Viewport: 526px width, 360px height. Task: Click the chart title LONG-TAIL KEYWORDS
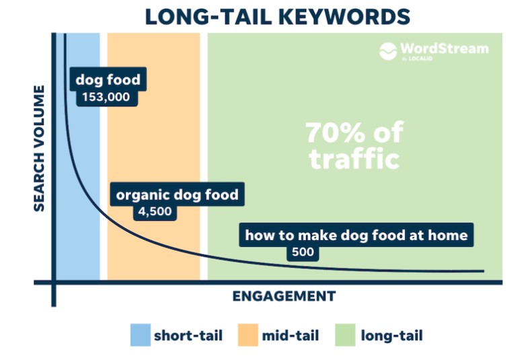pyautogui.click(x=277, y=17)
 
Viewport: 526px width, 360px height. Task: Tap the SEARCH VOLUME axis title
pyautogui.click(x=39, y=148)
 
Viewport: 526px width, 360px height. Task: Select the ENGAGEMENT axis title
pyautogui.click(x=284, y=296)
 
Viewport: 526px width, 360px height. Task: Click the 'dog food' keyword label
pyautogui.click(x=108, y=79)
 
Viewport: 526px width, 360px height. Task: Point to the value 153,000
pyautogui.click(x=106, y=97)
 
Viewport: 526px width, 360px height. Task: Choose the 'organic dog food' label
pyautogui.click(x=177, y=194)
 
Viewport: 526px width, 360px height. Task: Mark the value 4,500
pyautogui.click(x=155, y=211)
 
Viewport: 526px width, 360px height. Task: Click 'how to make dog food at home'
pyautogui.click(x=356, y=236)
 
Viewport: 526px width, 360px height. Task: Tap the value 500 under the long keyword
pyautogui.click(x=303, y=252)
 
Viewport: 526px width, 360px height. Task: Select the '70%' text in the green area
pyautogui.click(x=335, y=133)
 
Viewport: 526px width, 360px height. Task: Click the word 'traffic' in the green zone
pyautogui.click(x=354, y=158)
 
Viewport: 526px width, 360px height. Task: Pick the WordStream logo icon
pyautogui.click(x=388, y=51)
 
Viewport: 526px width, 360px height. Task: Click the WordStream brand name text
pyautogui.click(x=445, y=48)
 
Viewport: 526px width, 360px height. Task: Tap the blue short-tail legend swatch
pyautogui.click(x=141, y=335)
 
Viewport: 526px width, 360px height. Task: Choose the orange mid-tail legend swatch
pyautogui.click(x=248, y=335)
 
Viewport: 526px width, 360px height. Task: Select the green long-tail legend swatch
pyautogui.click(x=345, y=335)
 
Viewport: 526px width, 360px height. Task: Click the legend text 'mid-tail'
pyautogui.click(x=290, y=336)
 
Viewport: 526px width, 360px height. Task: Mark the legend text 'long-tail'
pyautogui.click(x=392, y=336)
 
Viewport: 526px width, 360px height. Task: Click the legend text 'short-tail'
pyautogui.click(x=188, y=336)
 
